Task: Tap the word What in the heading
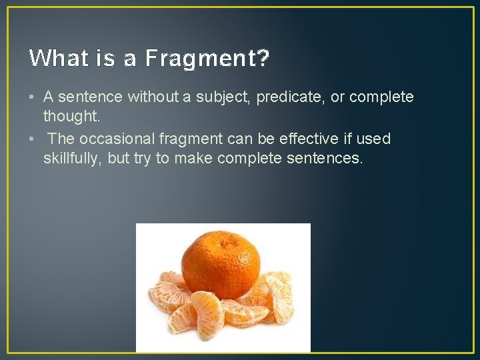[x=55, y=59]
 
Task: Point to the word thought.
[x=71, y=116]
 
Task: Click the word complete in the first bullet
[x=381, y=97]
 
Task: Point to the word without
[x=149, y=97]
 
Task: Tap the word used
[x=374, y=139]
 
